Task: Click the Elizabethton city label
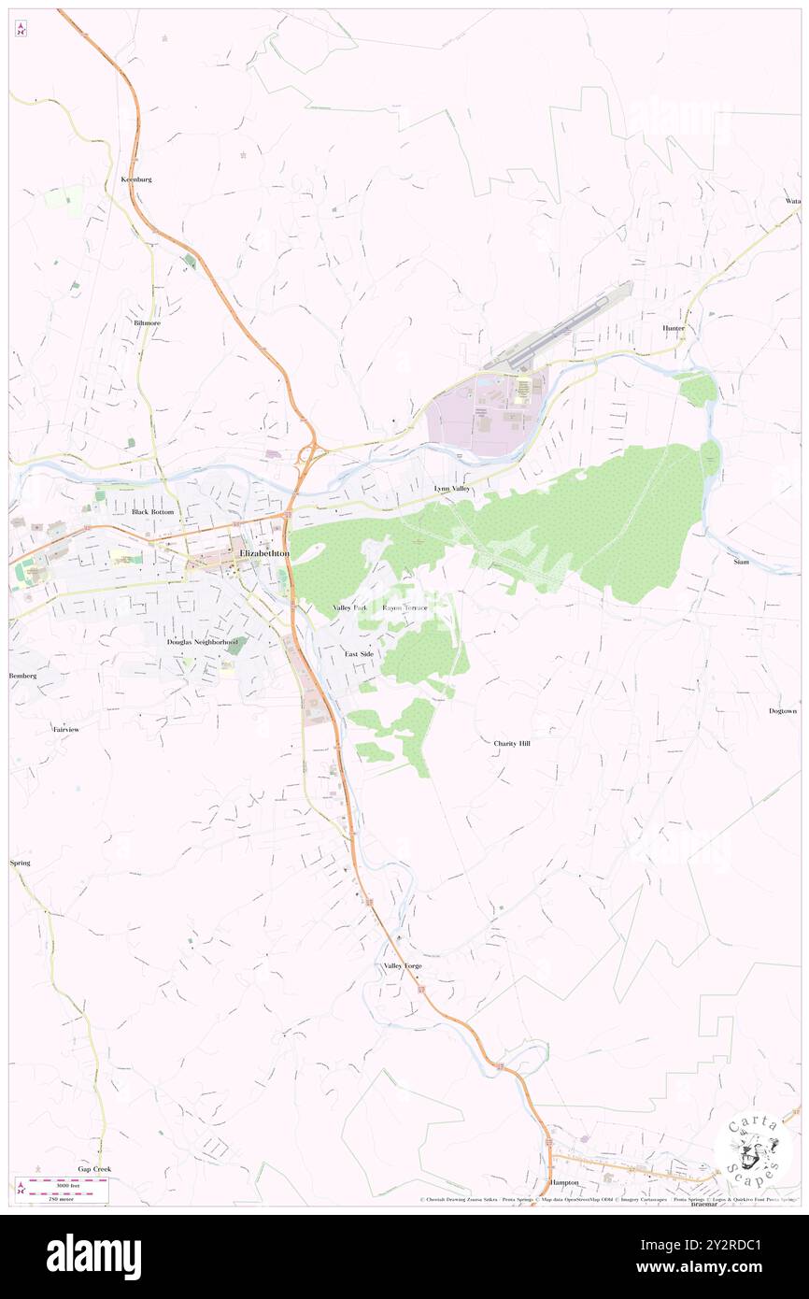pos(264,554)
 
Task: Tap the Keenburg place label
pos(136,178)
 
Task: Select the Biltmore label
pos(147,322)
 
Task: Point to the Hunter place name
pos(674,328)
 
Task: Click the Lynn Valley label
pos(452,489)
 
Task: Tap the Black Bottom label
pos(152,512)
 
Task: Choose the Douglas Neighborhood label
pos(202,642)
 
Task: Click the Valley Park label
pos(350,607)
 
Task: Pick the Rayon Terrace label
pos(404,607)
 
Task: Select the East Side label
pos(359,653)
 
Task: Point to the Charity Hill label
pos(511,743)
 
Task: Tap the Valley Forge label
pos(403,965)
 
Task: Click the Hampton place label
pos(564,1182)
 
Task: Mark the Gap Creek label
pos(94,1169)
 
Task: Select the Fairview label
pos(66,728)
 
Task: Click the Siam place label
pos(741,562)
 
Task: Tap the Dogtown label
pos(783,711)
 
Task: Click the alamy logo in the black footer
pos(93,1256)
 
